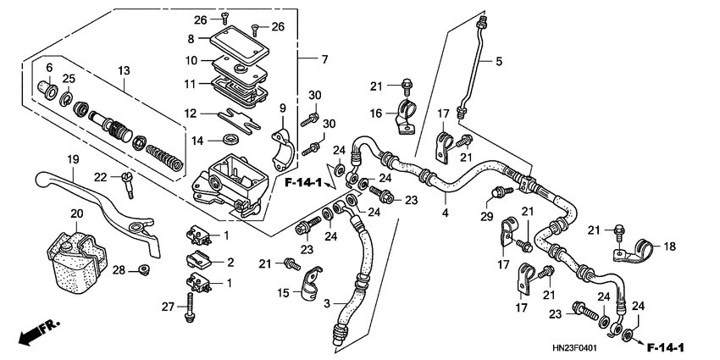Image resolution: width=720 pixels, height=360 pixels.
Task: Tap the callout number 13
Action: click(x=125, y=69)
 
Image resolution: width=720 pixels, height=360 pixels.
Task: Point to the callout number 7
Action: click(x=324, y=58)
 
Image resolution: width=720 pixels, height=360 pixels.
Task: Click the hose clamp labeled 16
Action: click(x=406, y=118)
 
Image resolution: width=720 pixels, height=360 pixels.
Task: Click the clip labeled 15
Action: click(x=310, y=283)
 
